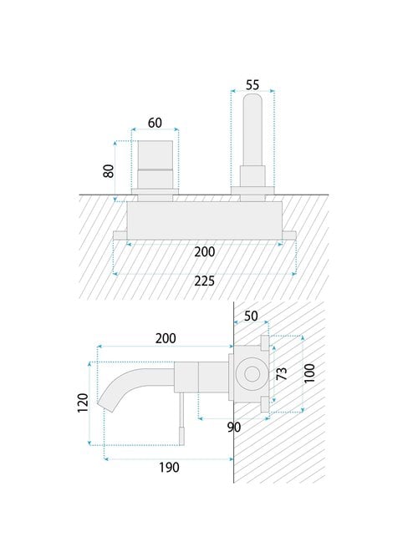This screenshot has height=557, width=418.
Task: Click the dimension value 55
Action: [252, 85]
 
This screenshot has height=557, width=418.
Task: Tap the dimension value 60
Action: [155, 123]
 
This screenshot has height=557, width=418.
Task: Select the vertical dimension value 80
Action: [109, 171]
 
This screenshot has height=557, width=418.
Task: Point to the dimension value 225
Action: [205, 281]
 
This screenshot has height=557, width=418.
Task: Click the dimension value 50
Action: [251, 316]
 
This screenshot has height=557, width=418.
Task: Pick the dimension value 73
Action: [282, 374]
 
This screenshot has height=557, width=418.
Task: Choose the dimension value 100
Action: [309, 373]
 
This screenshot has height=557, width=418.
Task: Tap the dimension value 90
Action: [234, 428]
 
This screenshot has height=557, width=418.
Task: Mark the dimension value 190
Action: [169, 468]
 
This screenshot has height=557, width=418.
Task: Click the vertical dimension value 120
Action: [83, 403]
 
